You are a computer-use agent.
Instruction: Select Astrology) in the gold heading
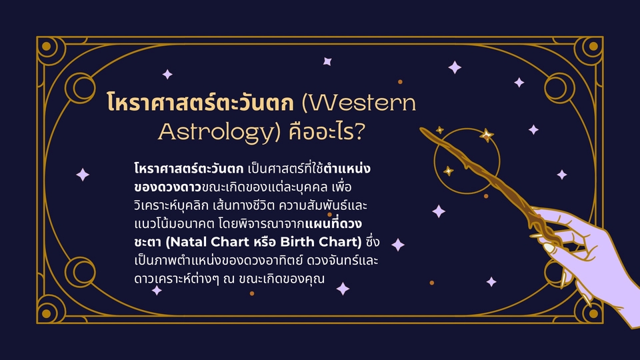click(219, 132)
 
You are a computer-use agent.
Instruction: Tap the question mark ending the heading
click(359, 131)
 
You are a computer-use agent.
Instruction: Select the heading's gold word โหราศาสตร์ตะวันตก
click(200, 102)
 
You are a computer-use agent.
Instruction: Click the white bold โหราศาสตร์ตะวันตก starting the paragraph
click(189, 168)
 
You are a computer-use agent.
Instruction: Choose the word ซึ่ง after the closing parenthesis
click(373, 241)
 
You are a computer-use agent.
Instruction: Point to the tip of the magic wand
click(421, 129)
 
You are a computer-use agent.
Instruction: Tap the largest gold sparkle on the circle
click(486, 135)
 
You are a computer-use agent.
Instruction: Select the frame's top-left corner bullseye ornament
click(47, 46)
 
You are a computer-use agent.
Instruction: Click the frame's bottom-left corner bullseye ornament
click(47, 313)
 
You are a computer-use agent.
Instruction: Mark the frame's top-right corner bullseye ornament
click(593, 46)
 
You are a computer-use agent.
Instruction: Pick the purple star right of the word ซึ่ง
click(398, 245)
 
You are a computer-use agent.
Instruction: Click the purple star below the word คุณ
click(343, 289)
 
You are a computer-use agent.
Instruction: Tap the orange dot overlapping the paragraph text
click(330, 214)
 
